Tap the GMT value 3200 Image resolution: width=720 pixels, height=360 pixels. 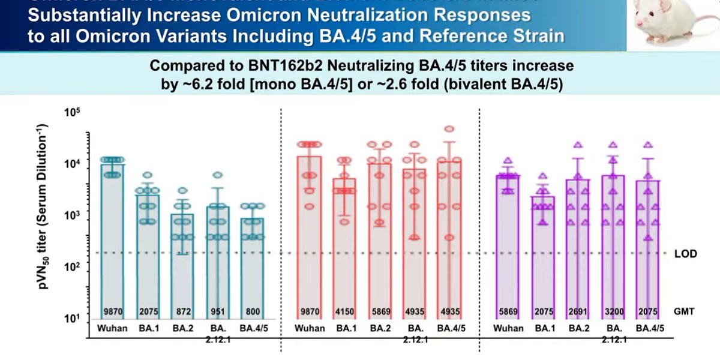pyautogui.click(x=613, y=313)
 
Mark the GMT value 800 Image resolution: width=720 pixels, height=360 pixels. pyautogui.click(x=252, y=313)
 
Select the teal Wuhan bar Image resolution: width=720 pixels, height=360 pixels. pyautogui.click(x=111, y=240)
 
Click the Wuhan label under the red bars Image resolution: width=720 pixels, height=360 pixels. pyautogui.click(x=310, y=329)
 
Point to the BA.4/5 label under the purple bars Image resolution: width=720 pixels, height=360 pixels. pyautogui.click(x=648, y=329)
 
